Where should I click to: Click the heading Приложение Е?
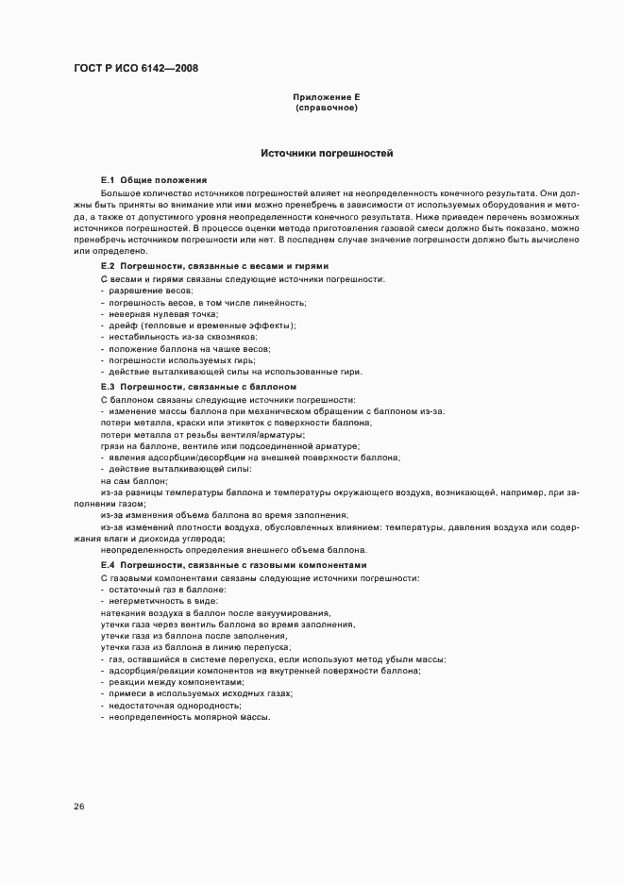327,97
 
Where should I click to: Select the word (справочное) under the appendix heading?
327,108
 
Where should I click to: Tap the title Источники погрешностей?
327,153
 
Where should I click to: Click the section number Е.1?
107,179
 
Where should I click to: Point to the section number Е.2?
107,267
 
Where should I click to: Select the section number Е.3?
107,387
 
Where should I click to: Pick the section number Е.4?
107,563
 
